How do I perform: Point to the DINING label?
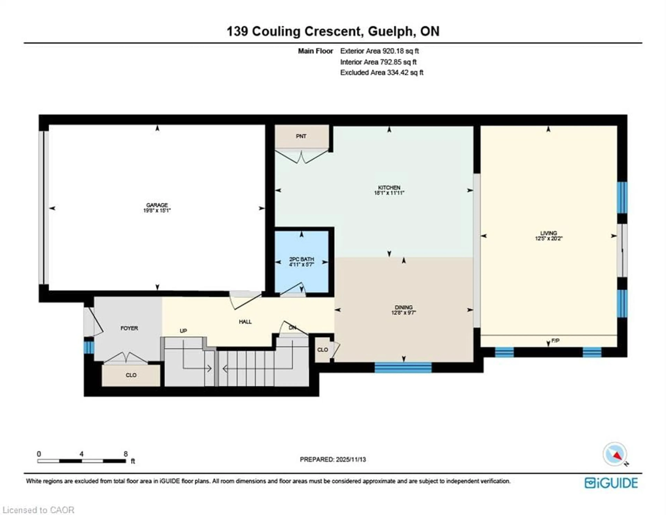[x=403, y=307]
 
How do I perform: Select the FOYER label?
[x=129, y=328]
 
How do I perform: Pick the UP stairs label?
[x=183, y=331]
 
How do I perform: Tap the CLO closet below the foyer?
[x=131, y=375]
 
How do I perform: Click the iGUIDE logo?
[x=611, y=483]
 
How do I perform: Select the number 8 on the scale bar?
[x=125, y=454]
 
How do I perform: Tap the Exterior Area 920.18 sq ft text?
[x=379, y=51]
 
